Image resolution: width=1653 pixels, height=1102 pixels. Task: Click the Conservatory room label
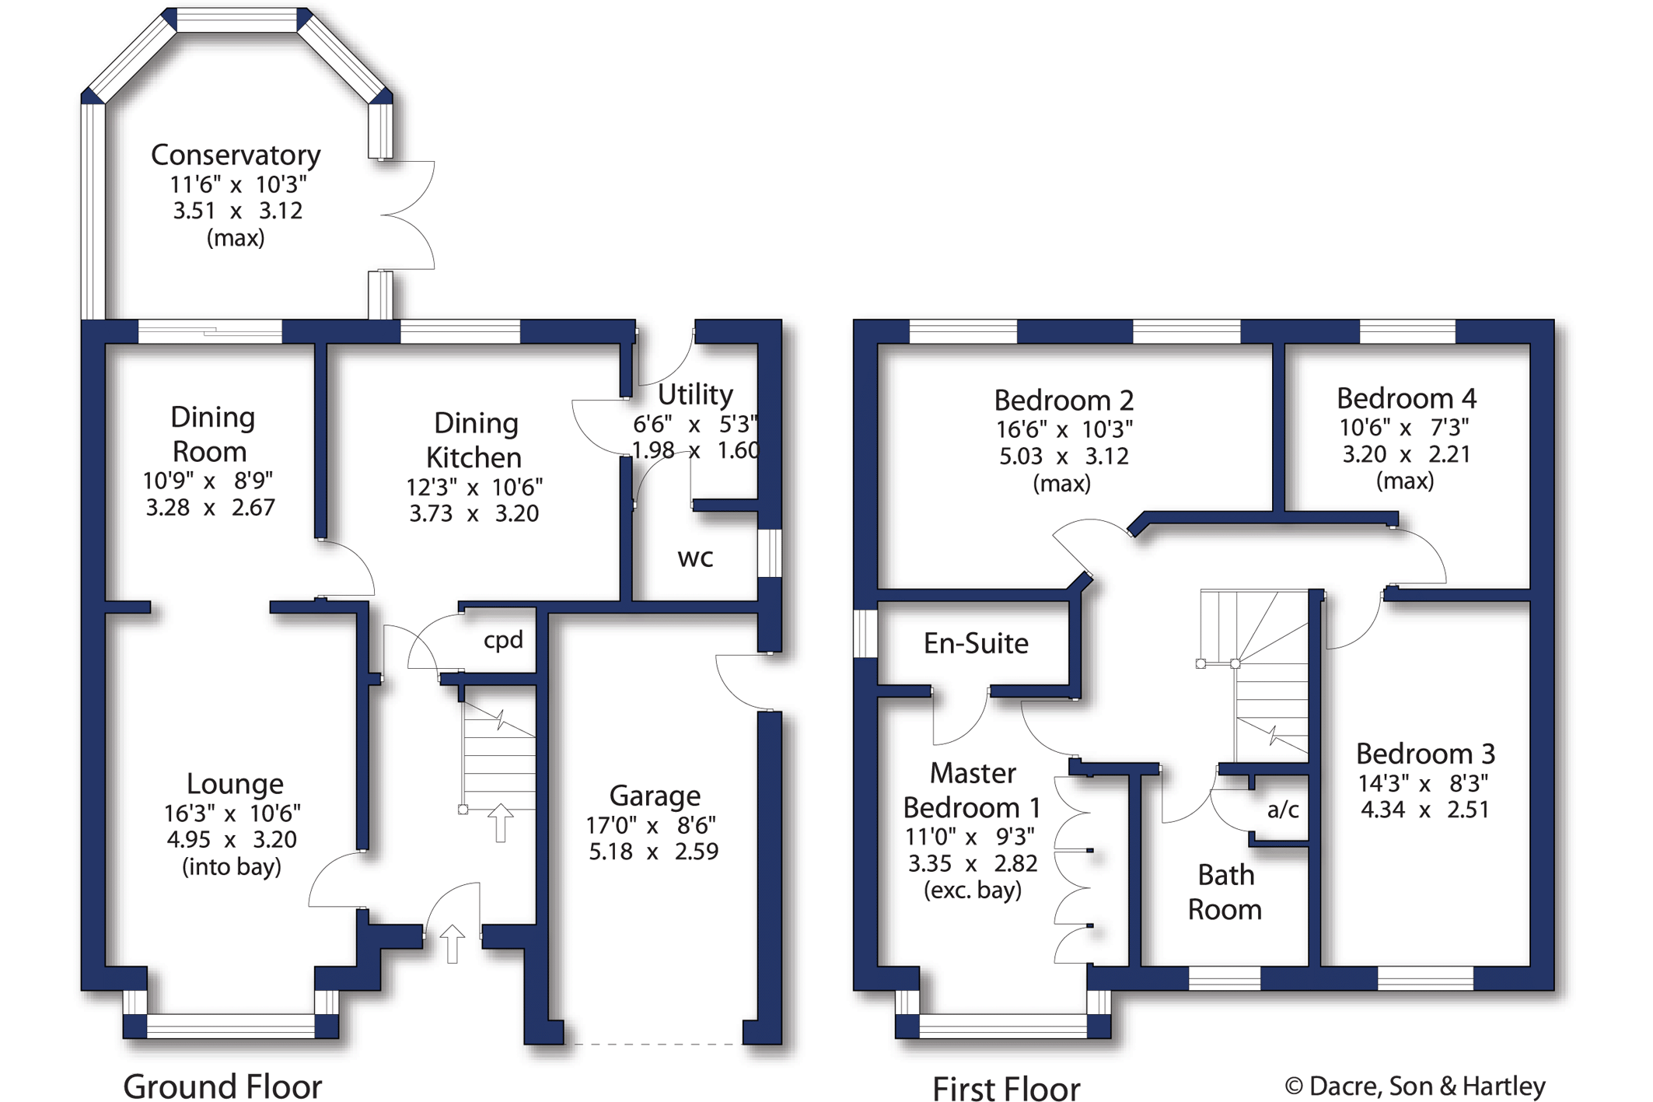(236, 155)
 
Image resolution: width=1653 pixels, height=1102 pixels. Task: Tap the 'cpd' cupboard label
(503, 640)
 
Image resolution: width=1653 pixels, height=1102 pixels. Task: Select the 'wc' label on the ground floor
(695, 558)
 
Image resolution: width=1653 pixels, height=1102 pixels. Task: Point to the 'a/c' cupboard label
(1283, 810)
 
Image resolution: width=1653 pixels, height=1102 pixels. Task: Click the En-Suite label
(976, 643)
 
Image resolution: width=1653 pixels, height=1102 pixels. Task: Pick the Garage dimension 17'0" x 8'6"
(653, 824)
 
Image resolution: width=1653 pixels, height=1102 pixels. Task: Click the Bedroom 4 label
(1406, 398)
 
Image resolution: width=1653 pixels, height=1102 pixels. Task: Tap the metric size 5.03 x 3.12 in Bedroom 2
(1063, 456)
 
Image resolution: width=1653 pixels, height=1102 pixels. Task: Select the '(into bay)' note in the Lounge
(232, 866)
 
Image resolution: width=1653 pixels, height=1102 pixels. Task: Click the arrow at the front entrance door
(452, 943)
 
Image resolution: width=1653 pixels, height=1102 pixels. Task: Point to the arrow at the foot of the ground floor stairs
(500, 822)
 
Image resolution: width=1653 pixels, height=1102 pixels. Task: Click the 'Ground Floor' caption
(222, 1086)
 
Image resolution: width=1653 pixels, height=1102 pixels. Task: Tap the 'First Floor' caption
(1005, 1087)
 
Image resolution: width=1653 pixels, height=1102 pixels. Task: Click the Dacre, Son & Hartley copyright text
(1415, 1086)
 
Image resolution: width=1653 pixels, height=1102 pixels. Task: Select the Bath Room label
(1225, 892)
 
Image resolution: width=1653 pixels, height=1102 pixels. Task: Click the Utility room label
(695, 394)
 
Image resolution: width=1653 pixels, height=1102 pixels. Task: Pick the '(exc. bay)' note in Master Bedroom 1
(972, 890)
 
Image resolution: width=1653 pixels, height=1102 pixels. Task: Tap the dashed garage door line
(653, 1044)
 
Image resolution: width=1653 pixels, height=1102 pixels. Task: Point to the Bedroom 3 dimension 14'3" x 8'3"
(1423, 782)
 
